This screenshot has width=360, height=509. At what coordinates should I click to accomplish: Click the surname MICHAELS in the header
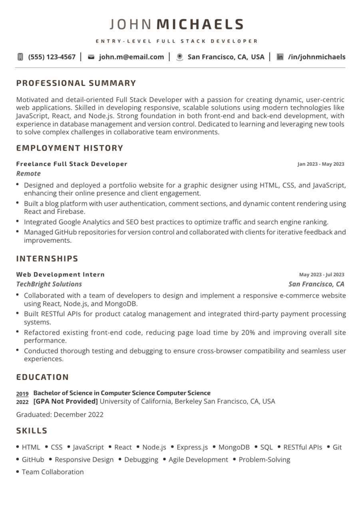pos(200,25)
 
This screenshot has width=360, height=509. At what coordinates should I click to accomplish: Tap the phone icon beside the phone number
pos(20,57)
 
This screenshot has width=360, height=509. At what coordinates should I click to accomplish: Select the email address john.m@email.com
pos(131,57)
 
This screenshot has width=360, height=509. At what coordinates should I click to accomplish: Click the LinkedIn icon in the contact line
pos(280,57)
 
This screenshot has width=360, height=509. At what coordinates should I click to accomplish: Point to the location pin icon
pos(180,57)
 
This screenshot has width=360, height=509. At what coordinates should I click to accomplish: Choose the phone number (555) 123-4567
pos(52,57)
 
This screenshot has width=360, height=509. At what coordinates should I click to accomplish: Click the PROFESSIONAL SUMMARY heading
pos(76,84)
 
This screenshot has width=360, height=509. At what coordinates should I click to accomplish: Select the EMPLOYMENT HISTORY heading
pos(70,148)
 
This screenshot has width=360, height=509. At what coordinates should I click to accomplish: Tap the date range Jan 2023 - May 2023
pos(320,164)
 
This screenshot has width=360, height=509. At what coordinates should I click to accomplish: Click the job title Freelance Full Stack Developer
pos(72,164)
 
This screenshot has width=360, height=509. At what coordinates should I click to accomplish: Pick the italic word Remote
pos(28,174)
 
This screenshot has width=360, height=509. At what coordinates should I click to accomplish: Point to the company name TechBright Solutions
pos(49,284)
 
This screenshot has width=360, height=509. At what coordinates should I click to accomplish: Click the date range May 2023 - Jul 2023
pos(321,275)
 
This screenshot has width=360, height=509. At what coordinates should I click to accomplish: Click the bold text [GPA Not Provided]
pos(66,402)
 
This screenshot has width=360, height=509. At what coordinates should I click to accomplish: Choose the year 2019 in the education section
pos(22,394)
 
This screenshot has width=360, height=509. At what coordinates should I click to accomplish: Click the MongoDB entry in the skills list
pos(234,447)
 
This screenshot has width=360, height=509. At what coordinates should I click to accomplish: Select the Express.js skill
pos(192,447)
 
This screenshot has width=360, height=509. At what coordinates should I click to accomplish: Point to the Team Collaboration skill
pos(53,472)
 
